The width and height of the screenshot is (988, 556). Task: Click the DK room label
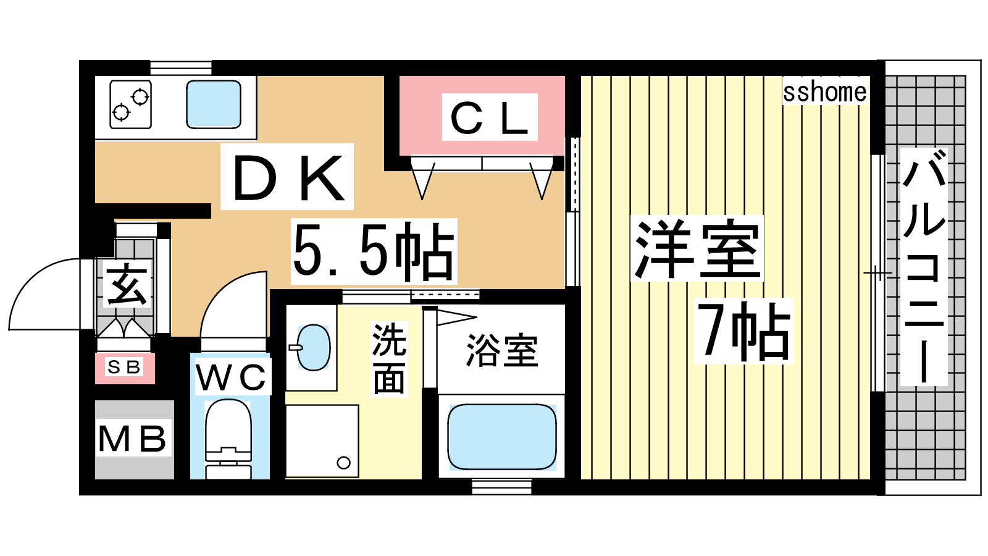288,177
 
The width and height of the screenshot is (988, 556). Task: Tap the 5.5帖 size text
373,251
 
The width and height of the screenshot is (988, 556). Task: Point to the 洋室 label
697,248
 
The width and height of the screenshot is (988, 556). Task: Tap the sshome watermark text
824,92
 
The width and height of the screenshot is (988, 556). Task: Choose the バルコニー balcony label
924,266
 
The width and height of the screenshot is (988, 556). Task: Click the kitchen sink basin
214,104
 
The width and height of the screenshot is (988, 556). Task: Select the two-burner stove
130,104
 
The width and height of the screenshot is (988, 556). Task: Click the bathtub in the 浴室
502,437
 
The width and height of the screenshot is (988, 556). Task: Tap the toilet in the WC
228,439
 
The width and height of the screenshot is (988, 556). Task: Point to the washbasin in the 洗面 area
313,348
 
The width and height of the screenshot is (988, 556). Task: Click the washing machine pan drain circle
343,463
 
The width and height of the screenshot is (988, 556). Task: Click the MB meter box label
133,439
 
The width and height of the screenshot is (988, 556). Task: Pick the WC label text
232,377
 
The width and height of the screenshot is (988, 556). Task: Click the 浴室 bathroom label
503,351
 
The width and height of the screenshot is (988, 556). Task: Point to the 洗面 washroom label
388,359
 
